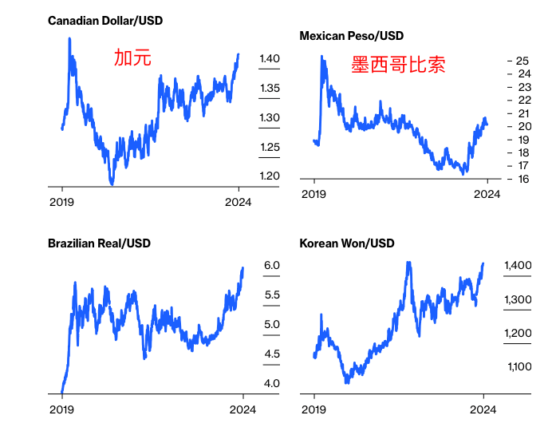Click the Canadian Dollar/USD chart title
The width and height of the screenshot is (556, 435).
click(104, 20)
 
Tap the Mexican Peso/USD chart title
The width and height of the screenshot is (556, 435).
click(351, 36)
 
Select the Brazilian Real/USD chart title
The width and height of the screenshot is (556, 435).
click(99, 243)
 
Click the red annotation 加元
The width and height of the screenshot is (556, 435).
click(132, 57)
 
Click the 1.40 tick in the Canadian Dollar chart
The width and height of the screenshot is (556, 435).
click(270, 59)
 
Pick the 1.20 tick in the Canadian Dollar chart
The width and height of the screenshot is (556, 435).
click(270, 176)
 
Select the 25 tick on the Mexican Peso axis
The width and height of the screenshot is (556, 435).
click(523, 61)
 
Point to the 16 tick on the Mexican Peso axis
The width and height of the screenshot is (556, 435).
click(523, 179)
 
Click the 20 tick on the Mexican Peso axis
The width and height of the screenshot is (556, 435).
click(523, 126)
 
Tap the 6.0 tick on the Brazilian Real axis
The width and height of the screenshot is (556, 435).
click(272, 265)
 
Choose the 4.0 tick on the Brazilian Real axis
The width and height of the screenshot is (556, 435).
click(272, 383)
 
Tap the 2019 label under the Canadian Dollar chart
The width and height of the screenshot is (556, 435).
click(62, 202)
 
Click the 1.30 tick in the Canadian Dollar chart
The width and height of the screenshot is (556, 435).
click(270, 117)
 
